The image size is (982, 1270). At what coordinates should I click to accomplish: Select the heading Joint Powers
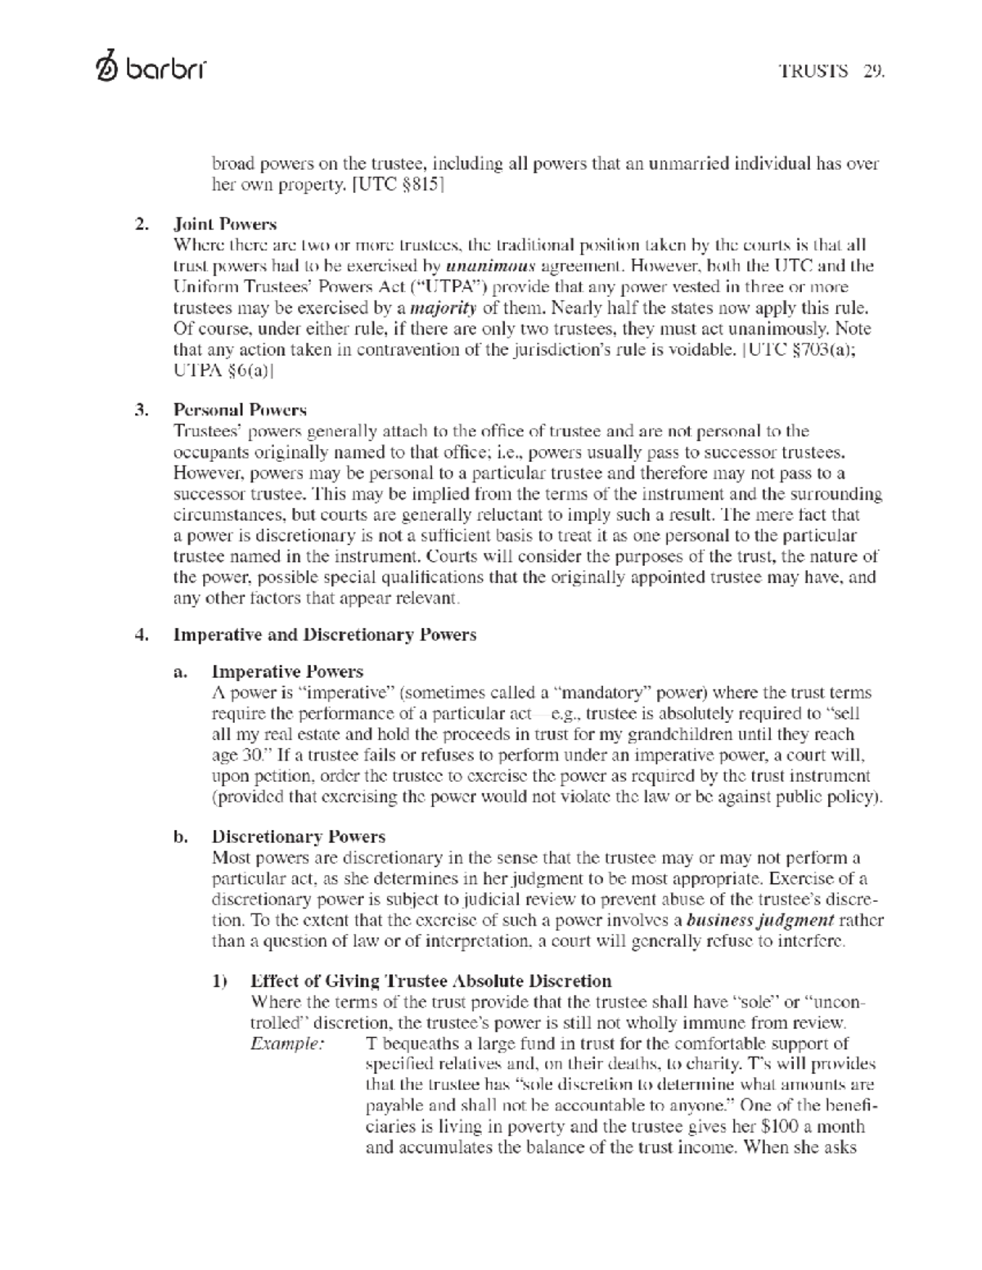pos(225,224)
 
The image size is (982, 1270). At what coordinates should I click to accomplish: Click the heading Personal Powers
pos(240,410)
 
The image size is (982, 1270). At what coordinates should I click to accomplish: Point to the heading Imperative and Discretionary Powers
pos(324,635)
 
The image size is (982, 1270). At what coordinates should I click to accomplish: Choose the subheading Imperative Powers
pos(287,671)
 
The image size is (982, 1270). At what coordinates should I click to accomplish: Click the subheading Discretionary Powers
pos(298,837)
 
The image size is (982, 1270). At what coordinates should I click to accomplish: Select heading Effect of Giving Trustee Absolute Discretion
pos(430,981)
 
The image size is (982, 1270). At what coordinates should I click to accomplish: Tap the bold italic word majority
pos(443,307)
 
